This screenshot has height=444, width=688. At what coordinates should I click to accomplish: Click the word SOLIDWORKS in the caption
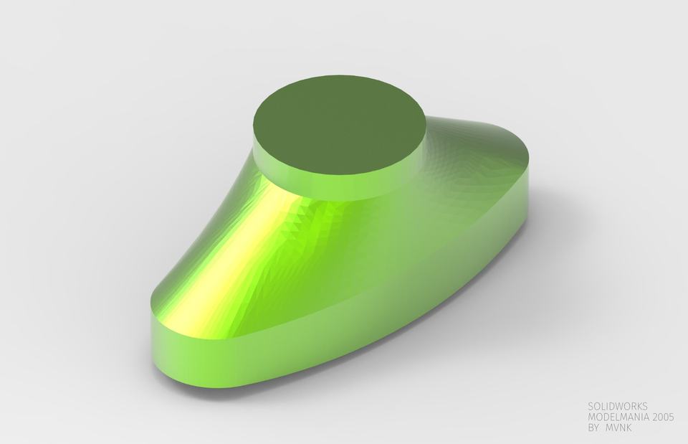(x=617, y=406)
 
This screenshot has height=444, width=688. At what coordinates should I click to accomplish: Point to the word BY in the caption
(x=593, y=428)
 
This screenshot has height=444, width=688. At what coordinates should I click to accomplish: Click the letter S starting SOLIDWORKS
(x=591, y=406)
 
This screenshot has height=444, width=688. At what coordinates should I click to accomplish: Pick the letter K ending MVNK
(x=631, y=428)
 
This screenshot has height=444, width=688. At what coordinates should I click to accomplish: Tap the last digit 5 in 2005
(x=672, y=417)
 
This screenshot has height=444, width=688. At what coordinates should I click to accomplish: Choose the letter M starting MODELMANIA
(x=591, y=417)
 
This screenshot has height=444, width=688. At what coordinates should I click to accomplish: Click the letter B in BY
(x=591, y=428)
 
